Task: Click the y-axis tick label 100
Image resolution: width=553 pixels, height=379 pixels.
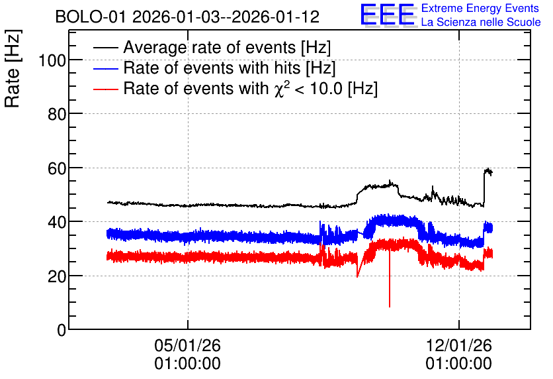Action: click(x=52, y=61)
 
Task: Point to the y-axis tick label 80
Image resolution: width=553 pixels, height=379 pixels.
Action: click(x=57, y=114)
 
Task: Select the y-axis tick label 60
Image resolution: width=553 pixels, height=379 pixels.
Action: click(x=57, y=168)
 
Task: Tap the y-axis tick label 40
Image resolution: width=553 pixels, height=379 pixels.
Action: click(x=57, y=223)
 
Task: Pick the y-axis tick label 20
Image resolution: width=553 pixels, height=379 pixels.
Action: click(x=57, y=276)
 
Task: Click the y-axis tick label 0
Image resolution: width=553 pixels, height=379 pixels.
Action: click(x=62, y=330)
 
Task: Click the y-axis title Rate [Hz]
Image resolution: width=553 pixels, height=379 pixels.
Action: click(x=13, y=68)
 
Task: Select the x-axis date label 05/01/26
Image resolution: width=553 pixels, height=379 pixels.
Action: click(x=187, y=345)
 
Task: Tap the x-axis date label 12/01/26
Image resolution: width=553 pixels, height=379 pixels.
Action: click(x=458, y=345)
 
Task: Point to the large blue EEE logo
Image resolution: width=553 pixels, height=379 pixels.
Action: click(x=388, y=15)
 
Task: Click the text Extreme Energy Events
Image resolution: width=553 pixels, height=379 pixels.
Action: click(x=480, y=8)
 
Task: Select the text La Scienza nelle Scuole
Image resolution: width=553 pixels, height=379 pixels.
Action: click(x=481, y=22)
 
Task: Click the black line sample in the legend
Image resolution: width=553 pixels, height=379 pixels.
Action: click(x=106, y=48)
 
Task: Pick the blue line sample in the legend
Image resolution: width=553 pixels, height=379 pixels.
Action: click(x=106, y=68)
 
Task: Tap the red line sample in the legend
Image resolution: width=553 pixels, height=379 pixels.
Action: click(x=106, y=89)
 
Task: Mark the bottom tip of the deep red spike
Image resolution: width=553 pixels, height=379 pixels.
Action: click(x=390, y=307)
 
